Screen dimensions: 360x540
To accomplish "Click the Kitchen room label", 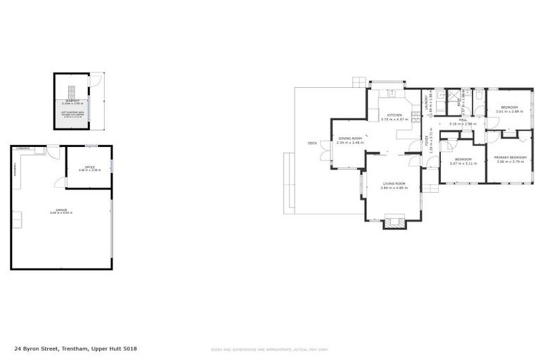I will (x=394, y=115).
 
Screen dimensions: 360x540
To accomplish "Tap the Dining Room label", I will (x=349, y=139).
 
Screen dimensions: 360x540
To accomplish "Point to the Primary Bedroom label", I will (x=510, y=157).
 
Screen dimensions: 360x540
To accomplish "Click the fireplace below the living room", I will (x=394, y=224).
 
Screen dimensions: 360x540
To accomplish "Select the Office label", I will (x=89, y=167).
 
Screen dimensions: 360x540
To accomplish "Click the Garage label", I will (x=61, y=210).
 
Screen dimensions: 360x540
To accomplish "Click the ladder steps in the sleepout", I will (x=70, y=92).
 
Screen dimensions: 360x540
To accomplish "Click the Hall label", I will (x=463, y=120).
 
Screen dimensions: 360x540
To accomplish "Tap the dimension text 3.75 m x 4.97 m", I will (x=394, y=120).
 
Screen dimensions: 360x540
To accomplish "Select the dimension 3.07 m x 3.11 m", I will (x=463, y=163).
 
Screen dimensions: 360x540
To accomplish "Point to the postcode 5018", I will (x=129, y=348).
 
